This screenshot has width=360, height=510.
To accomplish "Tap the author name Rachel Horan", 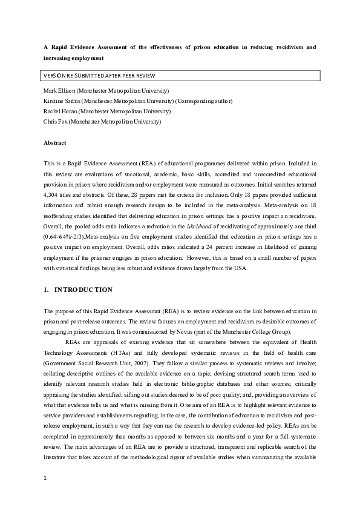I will point(60,111).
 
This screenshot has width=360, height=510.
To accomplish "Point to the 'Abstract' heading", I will point(54,143).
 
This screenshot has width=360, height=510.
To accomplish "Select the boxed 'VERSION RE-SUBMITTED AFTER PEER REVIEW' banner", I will point(100,76).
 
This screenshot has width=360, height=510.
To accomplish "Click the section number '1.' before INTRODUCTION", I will point(46,290).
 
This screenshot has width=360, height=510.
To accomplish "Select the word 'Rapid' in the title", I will point(62,47).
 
